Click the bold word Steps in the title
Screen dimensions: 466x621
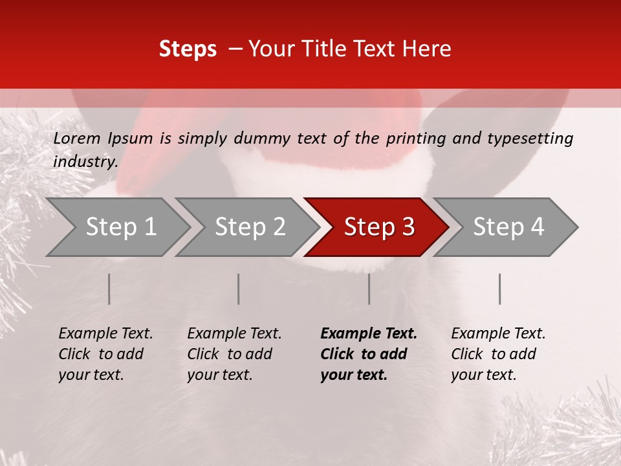click(x=188, y=49)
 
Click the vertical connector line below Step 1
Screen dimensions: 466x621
click(x=109, y=289)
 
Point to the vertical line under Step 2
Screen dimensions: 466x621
click(x=239, y=289)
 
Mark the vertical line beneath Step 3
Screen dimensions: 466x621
click(x=369, y=289)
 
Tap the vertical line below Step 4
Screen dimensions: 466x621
click(x=500, y=289)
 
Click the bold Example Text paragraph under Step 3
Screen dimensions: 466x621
click(x=368, y=354)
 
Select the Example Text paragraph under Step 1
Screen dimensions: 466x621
click(x=105, y=354)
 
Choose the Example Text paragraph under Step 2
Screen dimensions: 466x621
click(x=234, y=354)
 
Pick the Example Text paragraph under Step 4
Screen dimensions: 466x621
click(x=498, y=354)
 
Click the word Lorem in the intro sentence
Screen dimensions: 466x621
click(x=77, y=139)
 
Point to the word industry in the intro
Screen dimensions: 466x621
click(x=85, y=162)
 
